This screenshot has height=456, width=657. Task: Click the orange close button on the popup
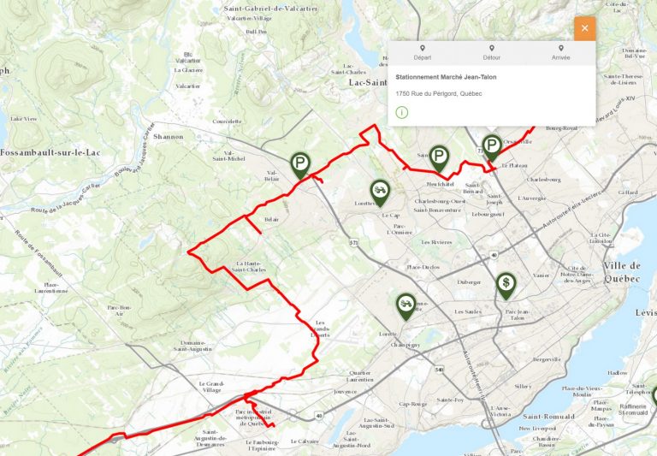point(584,28)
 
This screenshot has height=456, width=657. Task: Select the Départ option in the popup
point(422,53)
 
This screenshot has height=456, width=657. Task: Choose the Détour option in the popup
point(491,53)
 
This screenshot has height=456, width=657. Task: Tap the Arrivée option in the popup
point(561,53)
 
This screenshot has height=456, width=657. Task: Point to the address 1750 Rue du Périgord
point(439,92)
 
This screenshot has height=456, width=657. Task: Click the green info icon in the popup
point(401,112)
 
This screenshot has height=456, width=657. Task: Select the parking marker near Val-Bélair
point(299,163)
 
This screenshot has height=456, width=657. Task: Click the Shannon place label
point(169,137)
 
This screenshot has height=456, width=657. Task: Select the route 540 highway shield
point(439,370)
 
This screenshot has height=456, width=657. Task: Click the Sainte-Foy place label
point(450,400)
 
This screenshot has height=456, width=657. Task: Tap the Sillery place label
point(523,387)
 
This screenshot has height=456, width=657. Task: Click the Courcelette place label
point(227,121)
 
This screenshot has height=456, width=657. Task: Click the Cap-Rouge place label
point(413,404)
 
